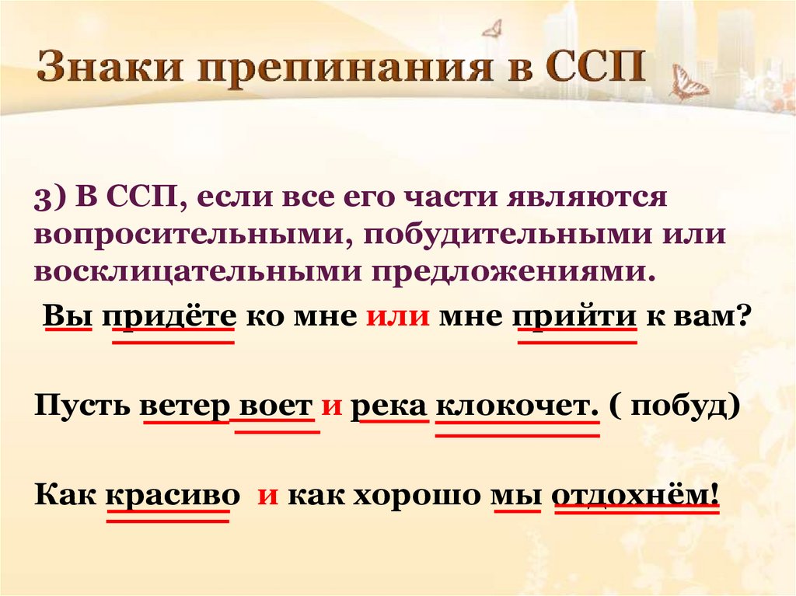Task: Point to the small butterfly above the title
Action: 492,29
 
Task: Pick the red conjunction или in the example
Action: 398,317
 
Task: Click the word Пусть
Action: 82,406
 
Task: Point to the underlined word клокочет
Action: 517,407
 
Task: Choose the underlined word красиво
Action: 173,495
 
